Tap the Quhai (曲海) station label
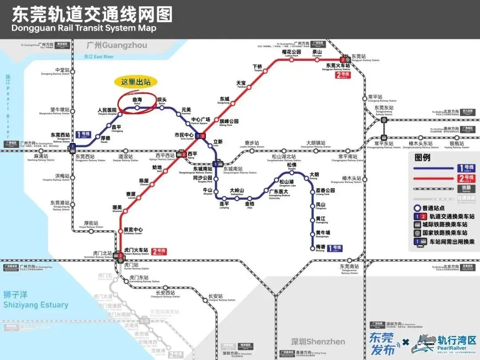point(137,101)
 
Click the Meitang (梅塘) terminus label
point(320,248)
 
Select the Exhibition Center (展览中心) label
point(133,230)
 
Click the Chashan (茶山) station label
point(317,52)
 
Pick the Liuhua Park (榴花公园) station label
point(292,52)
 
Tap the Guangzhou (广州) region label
point(117,45)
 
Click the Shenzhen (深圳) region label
point(318,342)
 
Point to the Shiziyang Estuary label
point(36,305)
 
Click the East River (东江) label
point(99,57)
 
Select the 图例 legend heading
point(423,157)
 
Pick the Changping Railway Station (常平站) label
point(376,97)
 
